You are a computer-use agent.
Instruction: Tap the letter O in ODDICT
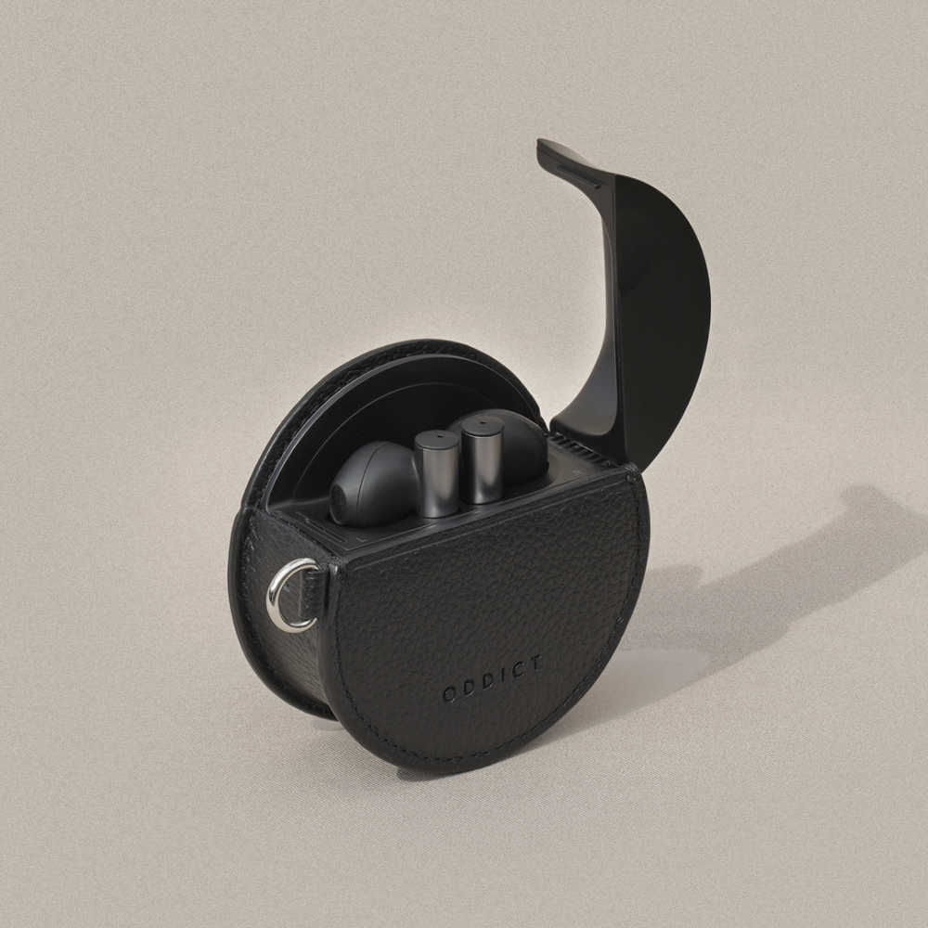click(x=450, y=694)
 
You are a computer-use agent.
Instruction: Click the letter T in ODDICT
click(x=535, y=664)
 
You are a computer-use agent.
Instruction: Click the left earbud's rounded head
click(x=374, y=483)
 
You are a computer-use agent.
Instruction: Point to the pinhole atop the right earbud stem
click(x=483, y=423)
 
